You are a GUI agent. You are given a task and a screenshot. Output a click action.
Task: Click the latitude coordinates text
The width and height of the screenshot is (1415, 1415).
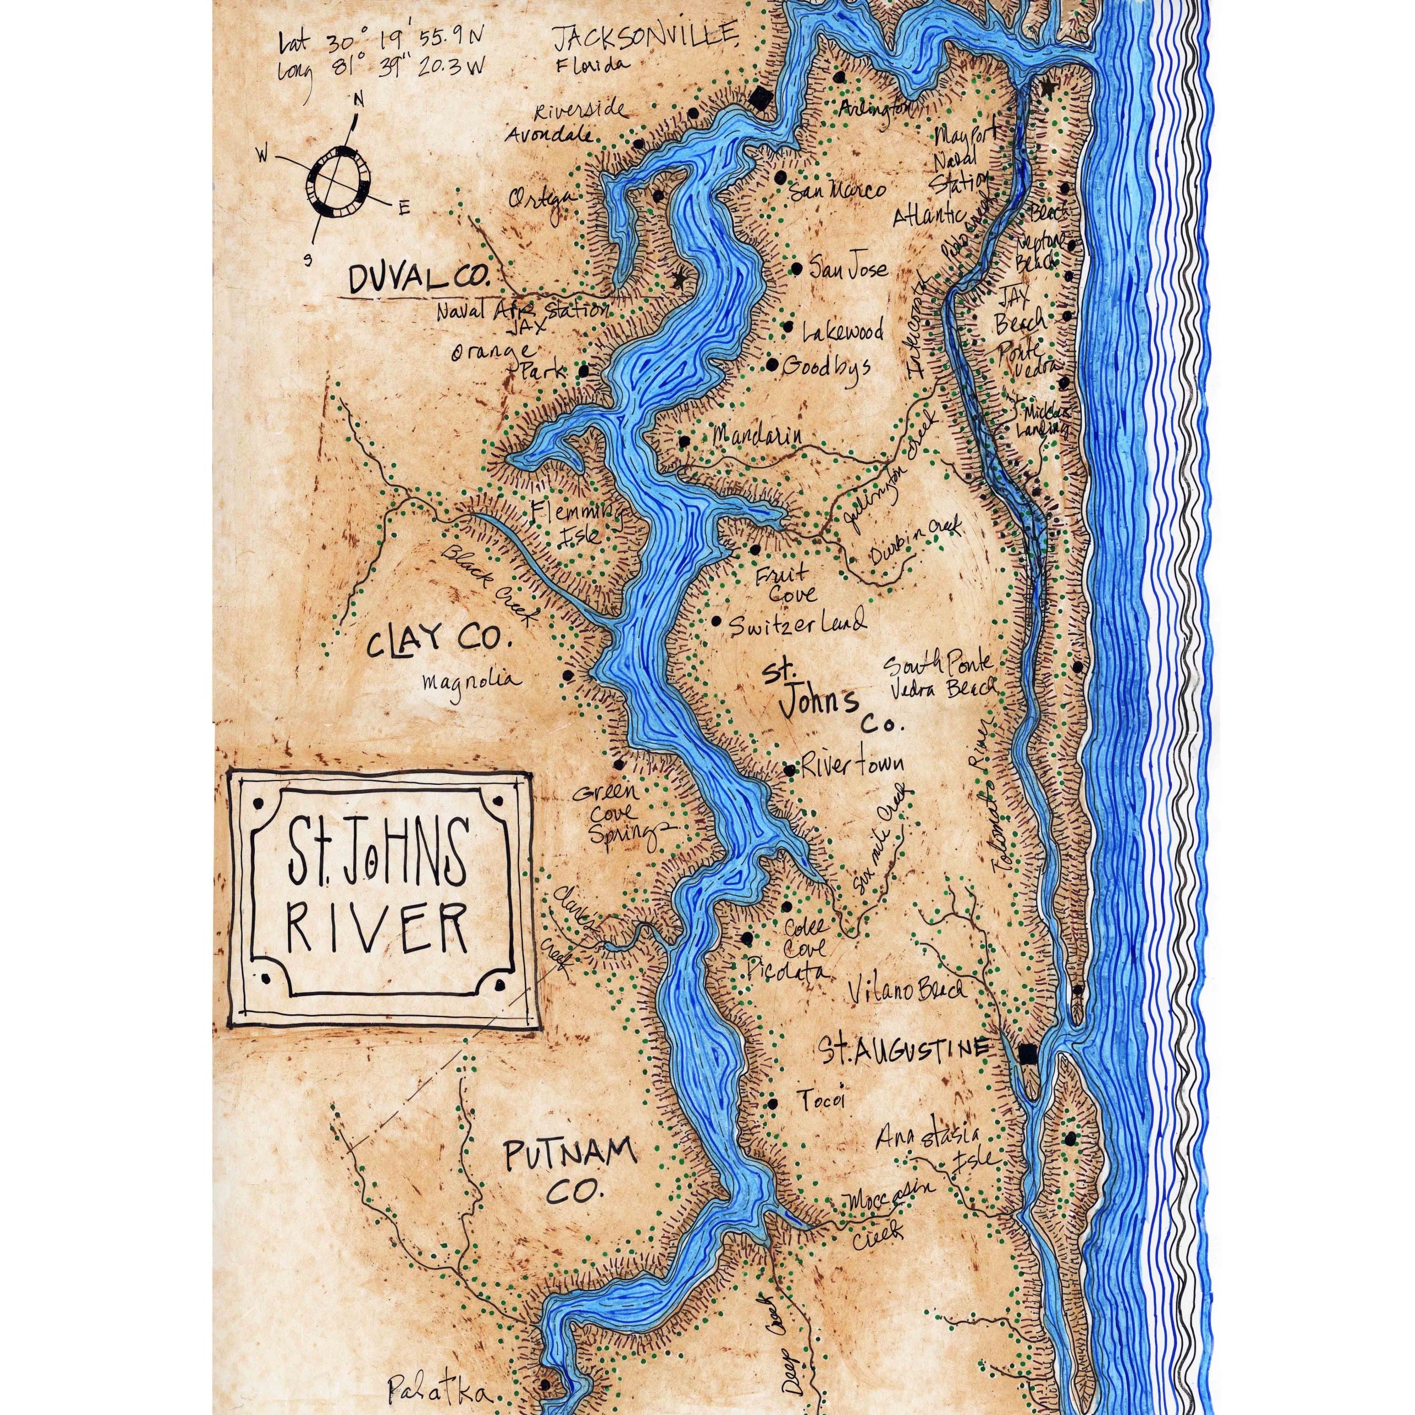pyautogui.click(x=381, y=42)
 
